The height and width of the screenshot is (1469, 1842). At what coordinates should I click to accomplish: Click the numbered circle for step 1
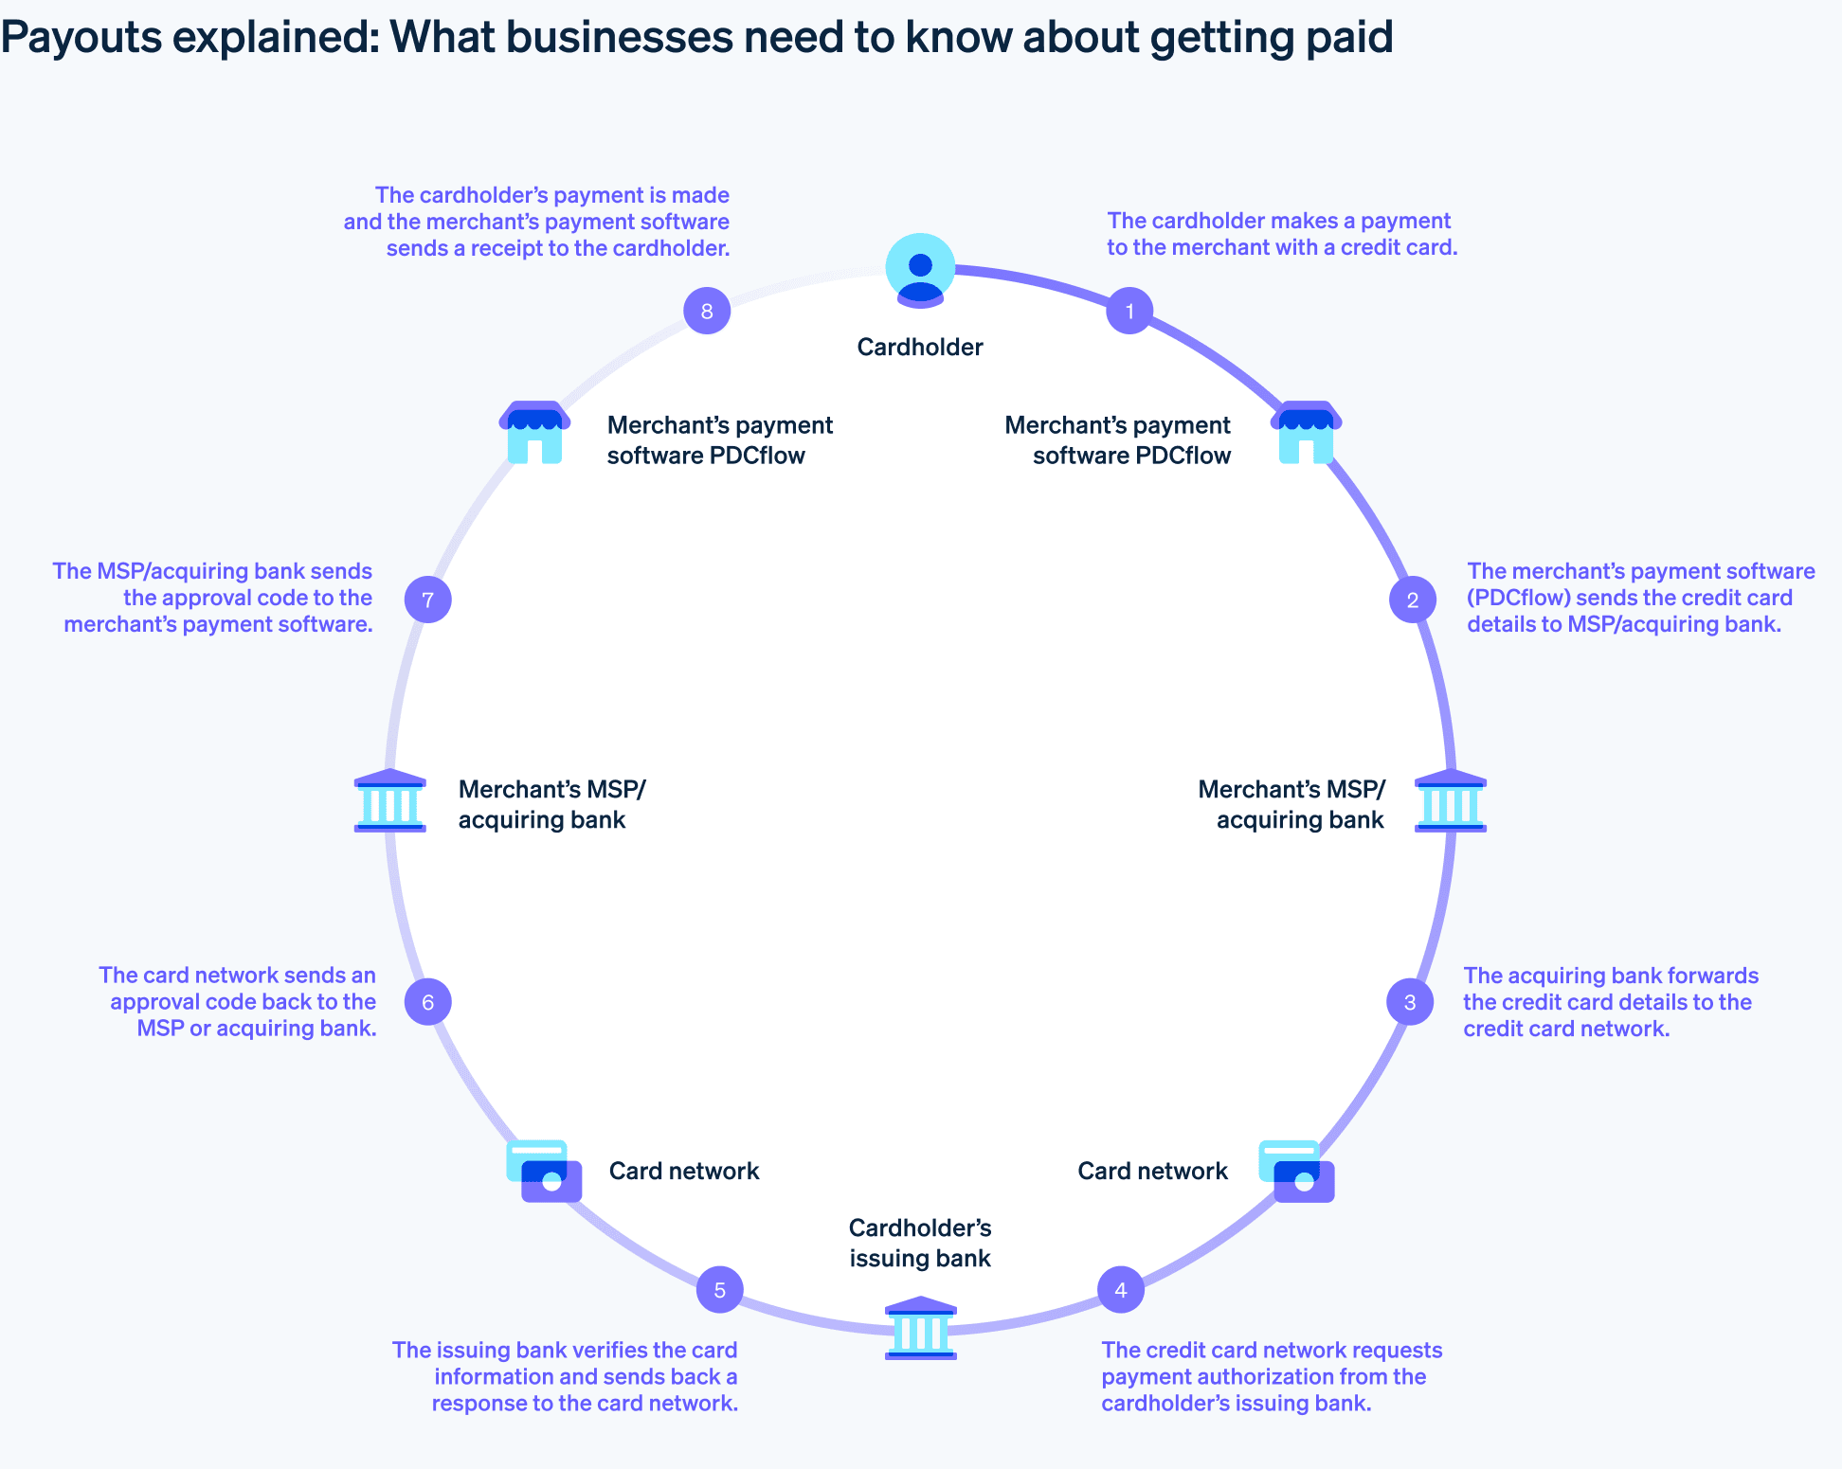pos(1129,311)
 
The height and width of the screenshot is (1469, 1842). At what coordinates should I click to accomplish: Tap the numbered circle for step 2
pos(1413,600)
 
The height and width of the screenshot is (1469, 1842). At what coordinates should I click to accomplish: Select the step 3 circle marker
pos(1410,1002)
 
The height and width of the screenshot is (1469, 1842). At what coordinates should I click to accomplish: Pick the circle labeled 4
pos(1121,1290)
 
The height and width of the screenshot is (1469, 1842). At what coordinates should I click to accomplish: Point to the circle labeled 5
pos(720,1290)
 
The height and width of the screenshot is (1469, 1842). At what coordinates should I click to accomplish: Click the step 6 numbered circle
pos(428,1002)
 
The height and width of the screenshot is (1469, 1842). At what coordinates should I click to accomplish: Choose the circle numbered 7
pos(428,600)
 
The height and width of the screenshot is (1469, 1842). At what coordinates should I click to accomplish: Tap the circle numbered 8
pos(707,311)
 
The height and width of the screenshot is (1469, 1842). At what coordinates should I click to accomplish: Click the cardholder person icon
pos(920,270)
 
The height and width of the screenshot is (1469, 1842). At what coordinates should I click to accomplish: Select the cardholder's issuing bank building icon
pos(920,1328)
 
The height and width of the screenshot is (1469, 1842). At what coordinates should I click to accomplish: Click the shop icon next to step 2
pos(1307,432)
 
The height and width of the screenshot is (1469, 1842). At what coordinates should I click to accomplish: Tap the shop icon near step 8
pos(534,432)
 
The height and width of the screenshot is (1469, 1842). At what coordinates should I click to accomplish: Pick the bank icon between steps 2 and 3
pos(1451,801)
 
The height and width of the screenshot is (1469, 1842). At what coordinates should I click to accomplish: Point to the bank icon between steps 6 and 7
pos(390,801)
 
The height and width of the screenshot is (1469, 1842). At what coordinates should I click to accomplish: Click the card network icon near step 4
pos(1296,1172)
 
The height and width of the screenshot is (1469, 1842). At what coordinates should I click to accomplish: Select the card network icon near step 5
pos(544,1172)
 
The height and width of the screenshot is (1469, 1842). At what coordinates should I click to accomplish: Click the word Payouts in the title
pos(95,38)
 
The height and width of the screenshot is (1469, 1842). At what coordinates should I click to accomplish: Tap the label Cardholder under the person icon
pos(920,348)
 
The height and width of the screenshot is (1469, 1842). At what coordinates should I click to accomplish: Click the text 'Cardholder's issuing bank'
pos(920,1244)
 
